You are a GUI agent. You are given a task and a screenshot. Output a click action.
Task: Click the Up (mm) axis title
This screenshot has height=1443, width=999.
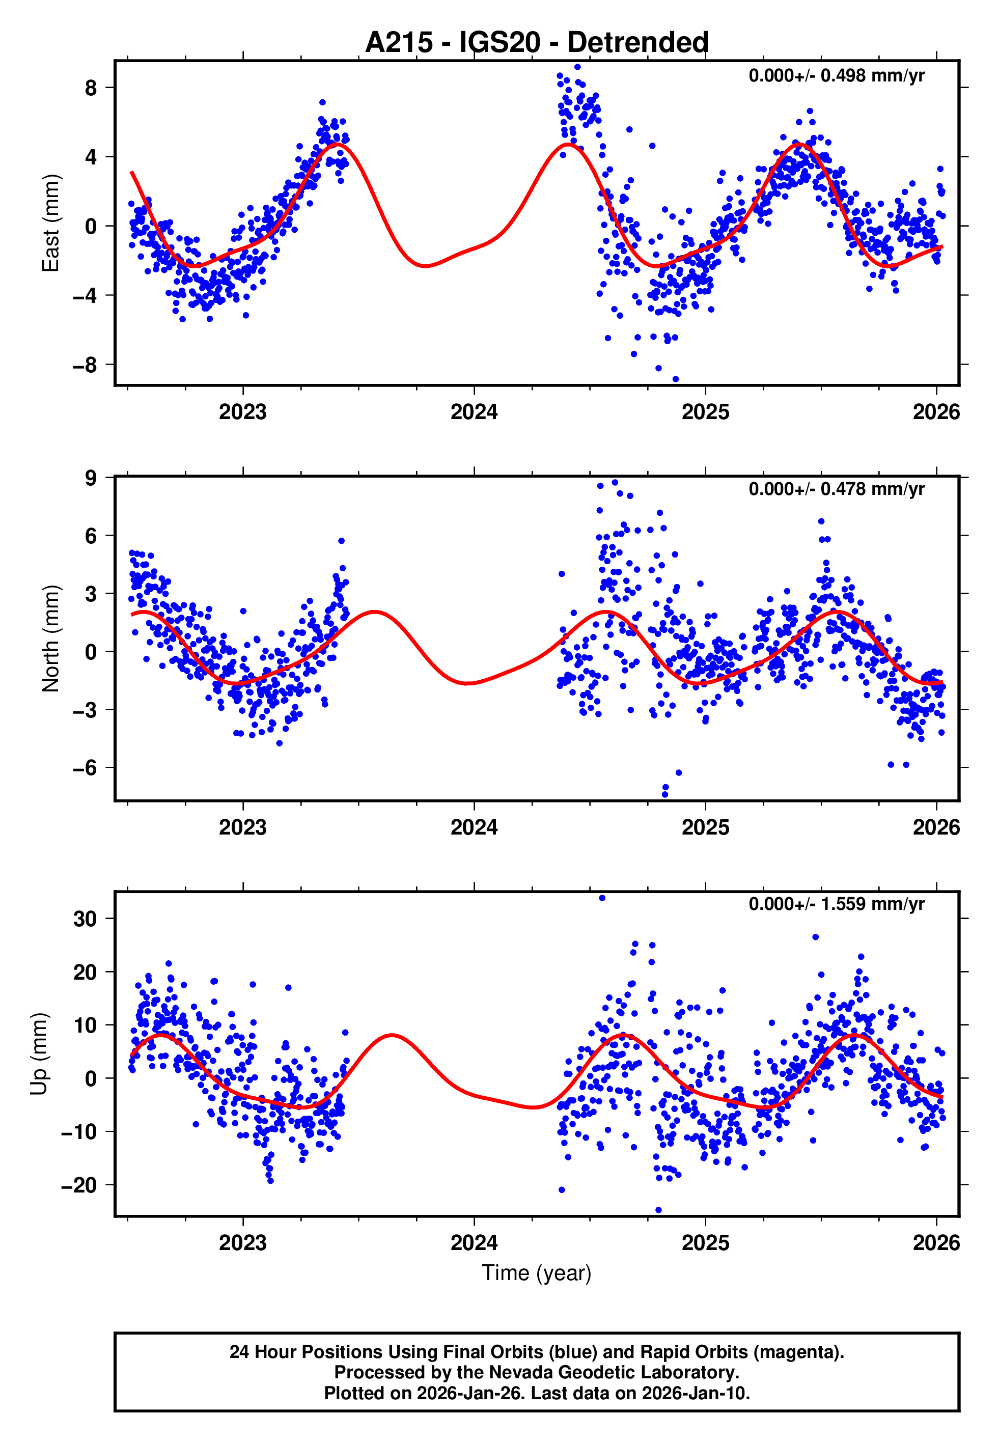39,1054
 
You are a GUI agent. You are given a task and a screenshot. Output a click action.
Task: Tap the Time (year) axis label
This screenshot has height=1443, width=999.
537,1273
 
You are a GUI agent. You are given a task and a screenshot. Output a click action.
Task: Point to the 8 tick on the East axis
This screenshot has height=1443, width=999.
91,88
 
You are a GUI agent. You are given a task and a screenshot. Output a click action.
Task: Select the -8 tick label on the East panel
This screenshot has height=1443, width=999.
85,365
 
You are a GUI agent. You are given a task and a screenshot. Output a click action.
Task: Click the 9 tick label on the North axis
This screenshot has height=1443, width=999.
91,478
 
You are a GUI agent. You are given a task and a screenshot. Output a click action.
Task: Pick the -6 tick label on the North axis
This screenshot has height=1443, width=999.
85,768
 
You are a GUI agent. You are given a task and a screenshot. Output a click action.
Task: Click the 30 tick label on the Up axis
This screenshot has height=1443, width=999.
85,919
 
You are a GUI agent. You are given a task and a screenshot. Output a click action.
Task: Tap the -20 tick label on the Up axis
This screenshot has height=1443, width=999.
79,1185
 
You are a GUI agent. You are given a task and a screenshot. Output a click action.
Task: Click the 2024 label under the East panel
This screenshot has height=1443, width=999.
474,412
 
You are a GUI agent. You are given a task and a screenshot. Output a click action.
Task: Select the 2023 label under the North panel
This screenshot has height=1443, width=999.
243,828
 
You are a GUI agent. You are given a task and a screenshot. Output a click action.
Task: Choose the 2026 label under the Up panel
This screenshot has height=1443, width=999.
936,1243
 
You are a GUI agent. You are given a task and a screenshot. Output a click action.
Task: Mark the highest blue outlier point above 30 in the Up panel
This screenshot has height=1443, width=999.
602,898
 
